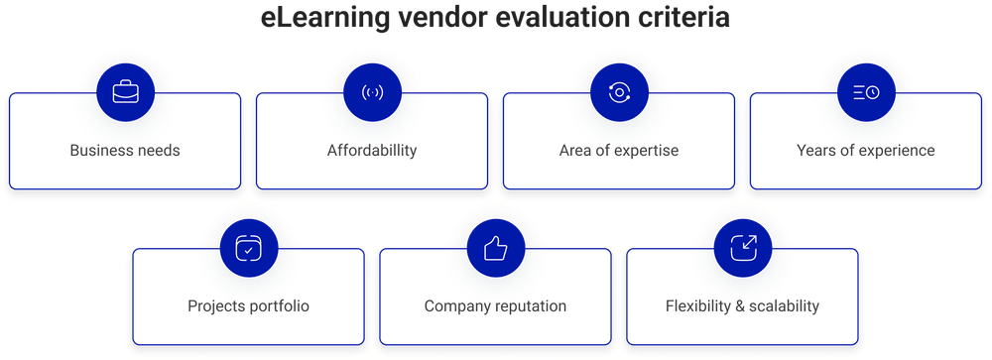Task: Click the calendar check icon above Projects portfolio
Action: (248, 248)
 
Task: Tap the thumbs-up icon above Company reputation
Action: (495, 248)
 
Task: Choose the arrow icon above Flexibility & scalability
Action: (742, 248)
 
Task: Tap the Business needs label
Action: (125, 152)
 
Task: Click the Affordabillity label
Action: (372, 152)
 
